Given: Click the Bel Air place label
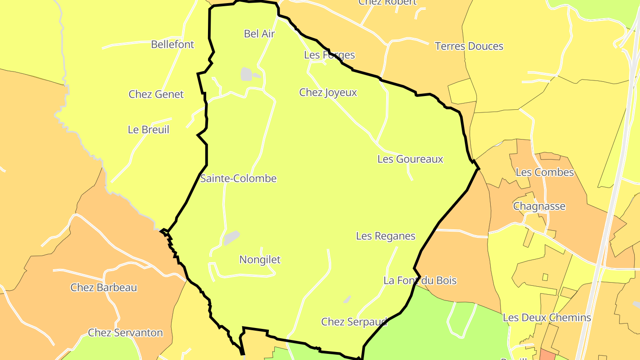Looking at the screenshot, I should pyautogui.click(x=260, y=34).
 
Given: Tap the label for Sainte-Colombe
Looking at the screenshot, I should pyautogui.click(x=238, y=179).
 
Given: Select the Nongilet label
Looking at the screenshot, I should pyautogui.click(x=260, y=260).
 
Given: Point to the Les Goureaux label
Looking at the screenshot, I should pyautogui.click(x=410, y=159).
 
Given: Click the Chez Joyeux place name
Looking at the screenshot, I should pyautogui.click(x=328, y=92).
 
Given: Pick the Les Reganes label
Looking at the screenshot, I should pyautogui.click(x=386, y=236).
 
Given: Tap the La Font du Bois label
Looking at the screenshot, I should pyautogui.click(x=420, y=280).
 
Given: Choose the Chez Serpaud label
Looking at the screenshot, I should pyautogui.click(x=354, y=322).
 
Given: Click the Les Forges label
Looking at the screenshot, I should pyautogui.click(x=329, y=55).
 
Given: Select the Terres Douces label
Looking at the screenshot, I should pyautogui.click(x=469, y=46).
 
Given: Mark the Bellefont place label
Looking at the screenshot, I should pyautogui.click(x=172, y=44).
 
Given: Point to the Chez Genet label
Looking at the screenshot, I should pyautogui.click(x=156, y=94).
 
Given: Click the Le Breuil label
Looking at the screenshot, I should pyautogui.click(x=148, y=130).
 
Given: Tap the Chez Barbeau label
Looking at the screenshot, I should pyautogui.click(x=104, y=288).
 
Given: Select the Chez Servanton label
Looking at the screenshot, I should pyautogui.click(x=125, y=333).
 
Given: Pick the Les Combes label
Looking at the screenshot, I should pyautogui.click(x=545, y=172).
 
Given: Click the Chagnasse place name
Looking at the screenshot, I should pyautogui.click(x=539, y=206).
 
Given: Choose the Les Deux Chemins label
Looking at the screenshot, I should pyautogui.click(x=547, y=318).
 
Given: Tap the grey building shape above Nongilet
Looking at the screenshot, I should pyautogui.click(x=231, y=237).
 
